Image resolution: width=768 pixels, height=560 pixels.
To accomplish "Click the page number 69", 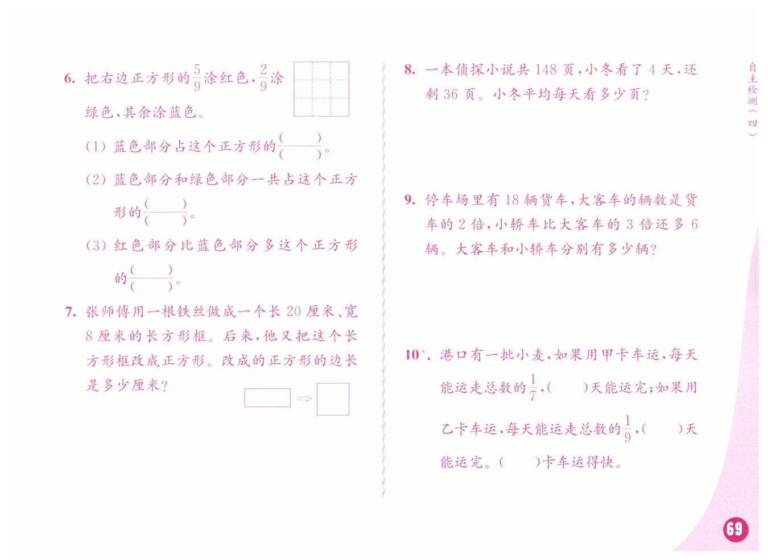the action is (736, 529).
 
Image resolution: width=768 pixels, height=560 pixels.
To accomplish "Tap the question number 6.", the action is (69, 78).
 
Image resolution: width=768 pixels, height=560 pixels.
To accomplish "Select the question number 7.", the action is (70, 312).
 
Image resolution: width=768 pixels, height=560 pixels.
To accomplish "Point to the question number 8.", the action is (410, 70).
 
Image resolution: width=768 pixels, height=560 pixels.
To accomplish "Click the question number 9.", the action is (410, 200).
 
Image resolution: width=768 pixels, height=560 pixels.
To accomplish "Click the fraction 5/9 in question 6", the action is (197, 78).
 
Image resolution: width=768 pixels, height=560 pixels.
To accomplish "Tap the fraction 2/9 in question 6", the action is (263, 78).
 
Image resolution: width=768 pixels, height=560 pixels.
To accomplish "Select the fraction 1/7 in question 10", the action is (532, 388).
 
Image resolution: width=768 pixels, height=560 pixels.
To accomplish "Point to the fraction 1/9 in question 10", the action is (627, 429).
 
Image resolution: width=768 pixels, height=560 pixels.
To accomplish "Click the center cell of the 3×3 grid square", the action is (321, 89).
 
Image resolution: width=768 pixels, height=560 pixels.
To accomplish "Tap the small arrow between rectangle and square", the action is (305, 399).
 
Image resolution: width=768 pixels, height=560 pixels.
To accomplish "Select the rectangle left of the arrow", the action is (267, 397).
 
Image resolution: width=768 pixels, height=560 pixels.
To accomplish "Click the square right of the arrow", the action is (333, 399).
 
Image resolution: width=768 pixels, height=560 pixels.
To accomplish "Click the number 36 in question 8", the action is (451, 94).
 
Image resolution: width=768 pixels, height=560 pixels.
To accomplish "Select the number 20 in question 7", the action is (294, 312).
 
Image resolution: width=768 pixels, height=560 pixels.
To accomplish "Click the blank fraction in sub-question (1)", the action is (300, 146).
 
